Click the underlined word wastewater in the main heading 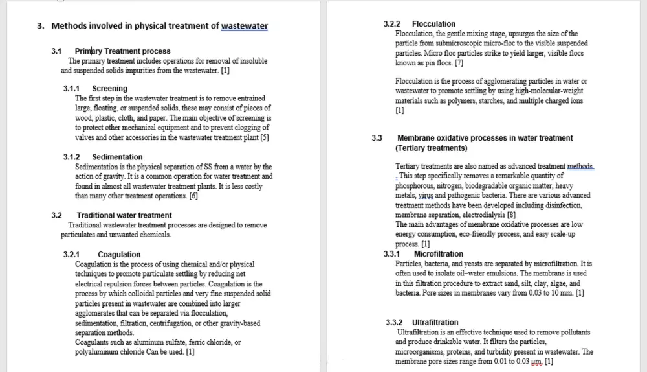(x=244, y=26)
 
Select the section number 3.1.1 (x=71, y=88)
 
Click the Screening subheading (x=109, y=88)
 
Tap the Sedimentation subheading (x=117, y=157)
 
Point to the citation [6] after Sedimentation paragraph (x=193, y=196)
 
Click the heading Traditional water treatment (x=124, y=215)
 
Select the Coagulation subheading (x=119, y=255)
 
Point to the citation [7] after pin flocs (x=459, y=63)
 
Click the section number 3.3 (x=377, y=138)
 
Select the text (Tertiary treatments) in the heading (x=431, y=148)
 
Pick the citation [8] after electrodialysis (x=511, y=215)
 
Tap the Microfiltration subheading (x=439, y=254)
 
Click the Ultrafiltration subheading (x=435, y=322)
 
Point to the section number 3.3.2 (x=395, y=322)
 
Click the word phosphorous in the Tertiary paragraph (x=418, y=185)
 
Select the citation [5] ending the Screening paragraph (x=265, y=137)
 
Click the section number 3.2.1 (x=71, y=255)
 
